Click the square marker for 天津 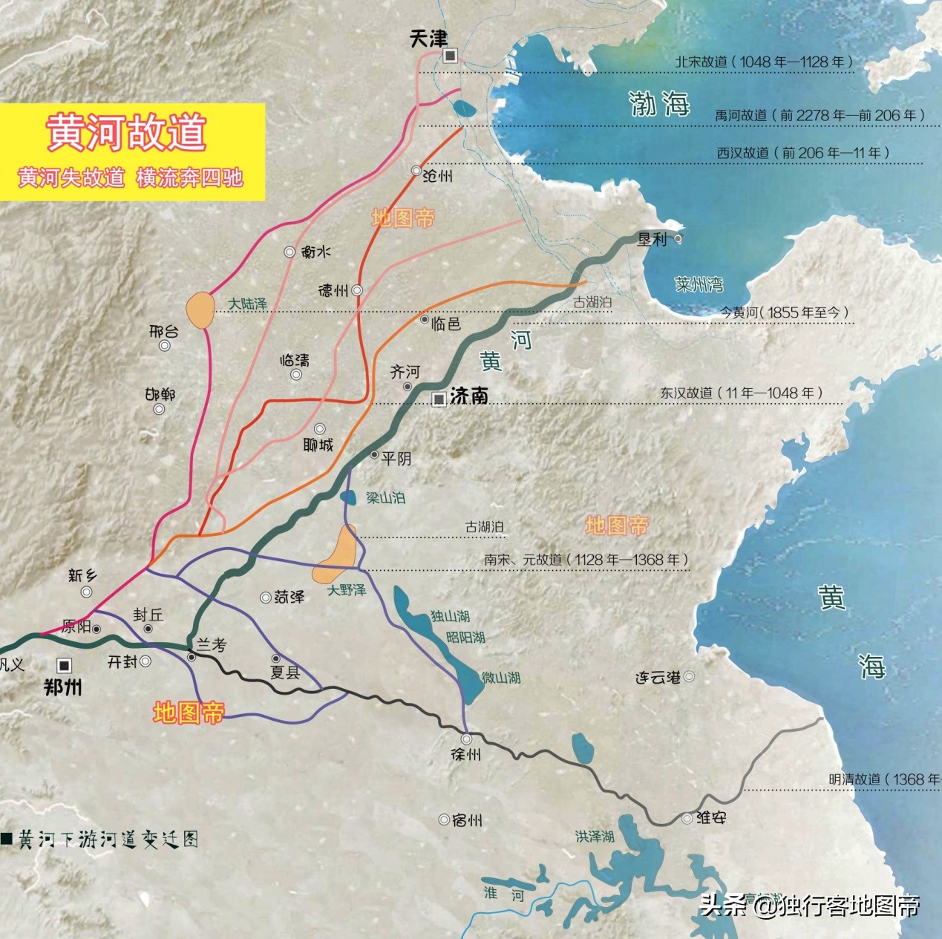[x=450, y=56]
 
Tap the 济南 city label [x=469, y=396]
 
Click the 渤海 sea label [x=659, y=103]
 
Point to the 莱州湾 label [x=699, y=284]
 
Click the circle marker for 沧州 [x=416, y=171]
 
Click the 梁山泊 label [x=385, y=497]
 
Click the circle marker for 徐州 [x=466, y=739]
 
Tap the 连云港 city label [x=658, y=678]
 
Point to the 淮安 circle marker [x=687, y=819]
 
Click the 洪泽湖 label [x=595, y=837]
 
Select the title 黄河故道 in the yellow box [x=126, y=132]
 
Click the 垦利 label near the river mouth [x=652, y=239]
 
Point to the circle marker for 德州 [x=357, y=290]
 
